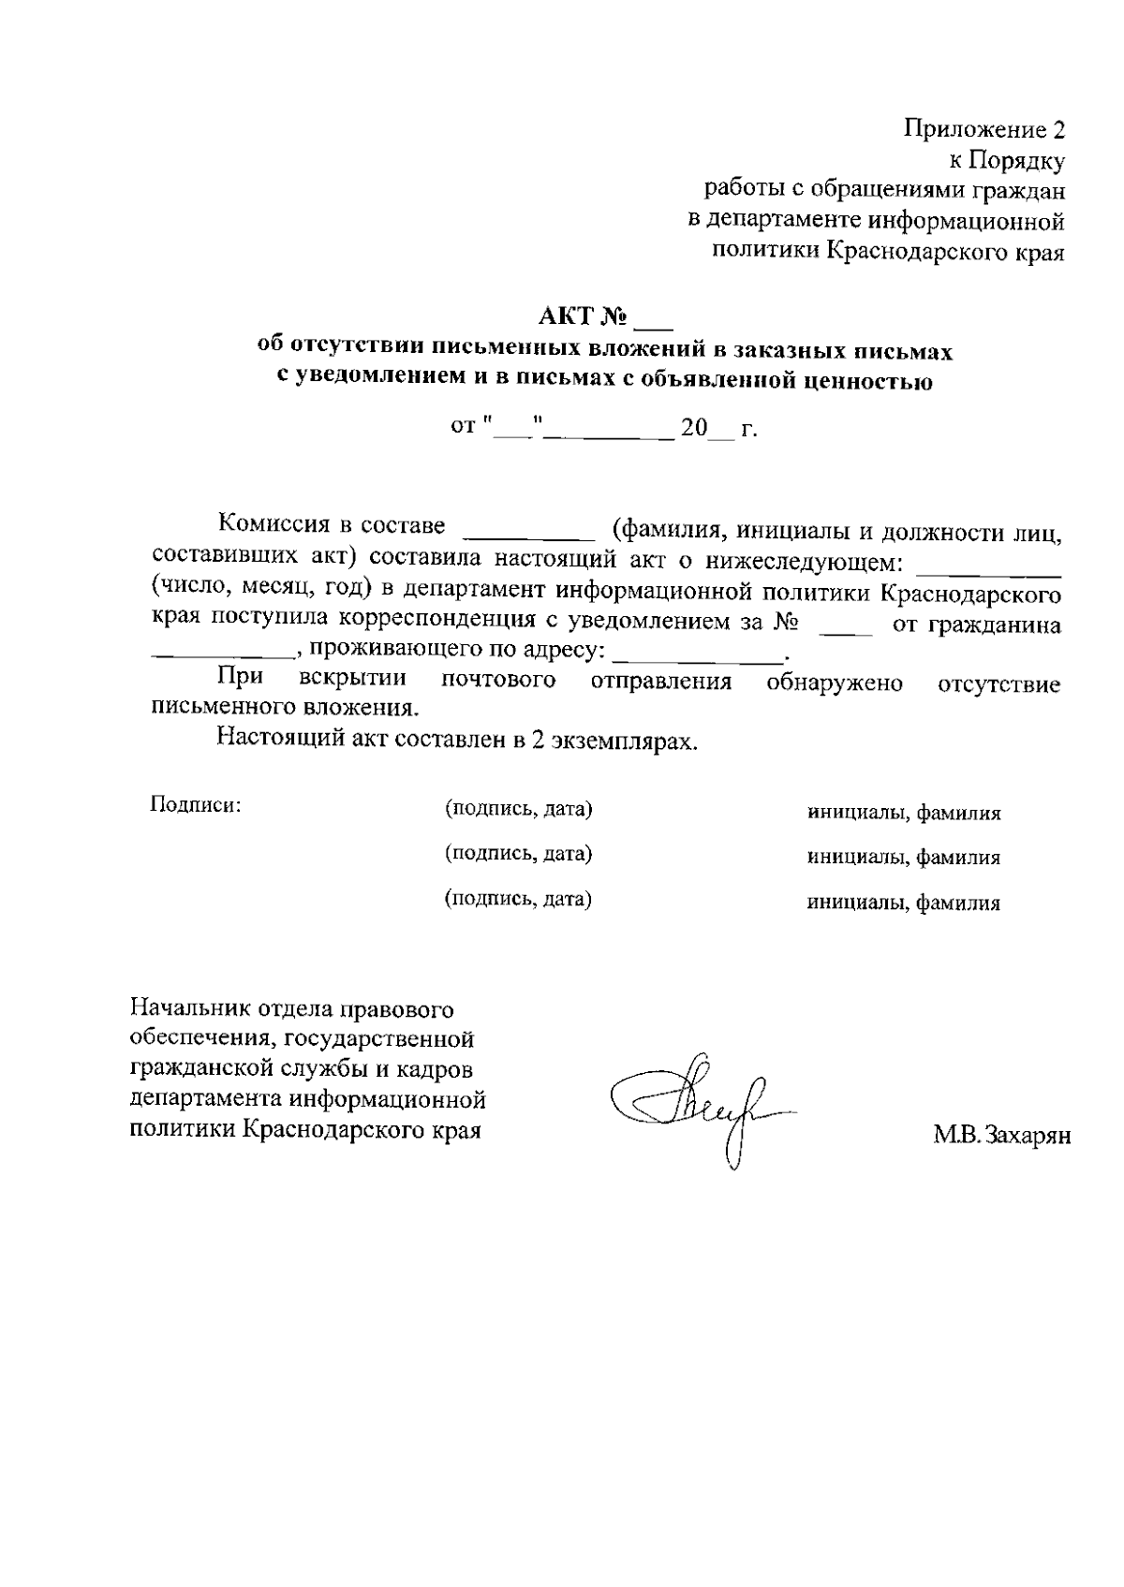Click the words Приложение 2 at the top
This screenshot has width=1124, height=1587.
pos(984,129)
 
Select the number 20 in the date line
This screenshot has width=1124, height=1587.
pos(695,429)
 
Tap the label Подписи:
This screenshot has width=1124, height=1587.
pos(196,804)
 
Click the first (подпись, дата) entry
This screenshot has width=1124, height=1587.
pos(518,808)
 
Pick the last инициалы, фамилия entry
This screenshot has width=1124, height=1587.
pos(904,903)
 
